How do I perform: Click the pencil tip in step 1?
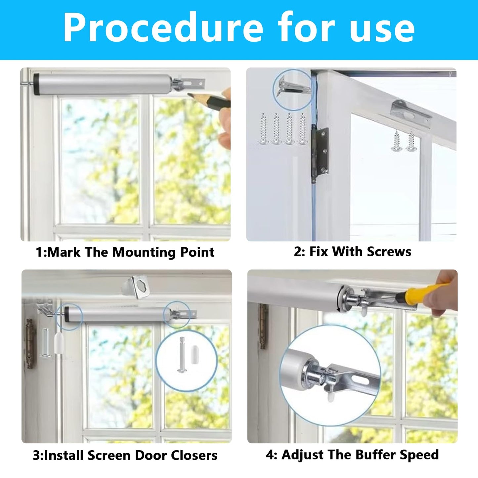[191, 95]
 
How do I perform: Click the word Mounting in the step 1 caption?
[144, 252]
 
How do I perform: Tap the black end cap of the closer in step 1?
[36, 84]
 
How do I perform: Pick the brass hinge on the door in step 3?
[30, 344]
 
